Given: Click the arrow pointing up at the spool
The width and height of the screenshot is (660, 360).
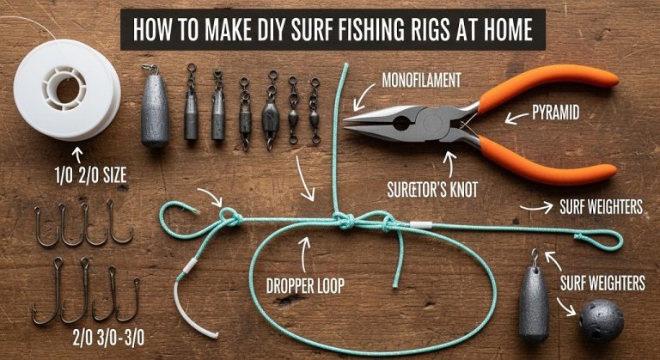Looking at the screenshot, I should (x=80, y=154).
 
